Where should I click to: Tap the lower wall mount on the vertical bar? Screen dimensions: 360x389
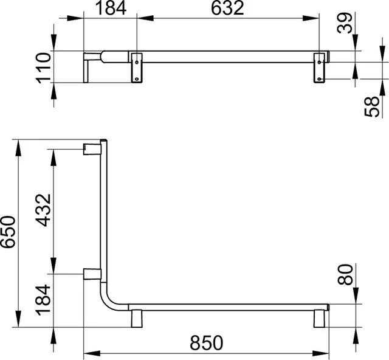point(91,274)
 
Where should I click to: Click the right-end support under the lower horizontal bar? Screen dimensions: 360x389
point(320,318)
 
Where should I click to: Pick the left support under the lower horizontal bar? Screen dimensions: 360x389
point(136,318)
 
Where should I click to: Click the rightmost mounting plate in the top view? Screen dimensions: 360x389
point(320,67)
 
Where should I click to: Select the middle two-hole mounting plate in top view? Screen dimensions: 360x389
point(137,67)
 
